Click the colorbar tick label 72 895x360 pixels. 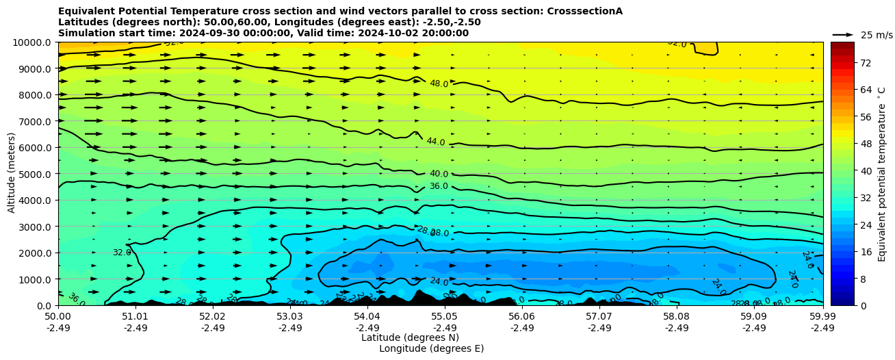tap(865, 63)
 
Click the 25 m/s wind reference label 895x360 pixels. tap(877, 35)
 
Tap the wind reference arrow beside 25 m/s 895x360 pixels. tap(843, 34)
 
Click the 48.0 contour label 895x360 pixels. tap(439, 84)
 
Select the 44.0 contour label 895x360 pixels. tap(436, 142)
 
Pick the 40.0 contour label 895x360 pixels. tap(439, 174)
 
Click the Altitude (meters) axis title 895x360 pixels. tap(12, 174)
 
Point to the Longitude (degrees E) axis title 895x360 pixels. tap(431, 348)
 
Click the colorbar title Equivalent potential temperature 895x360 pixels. tap(882, 174)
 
